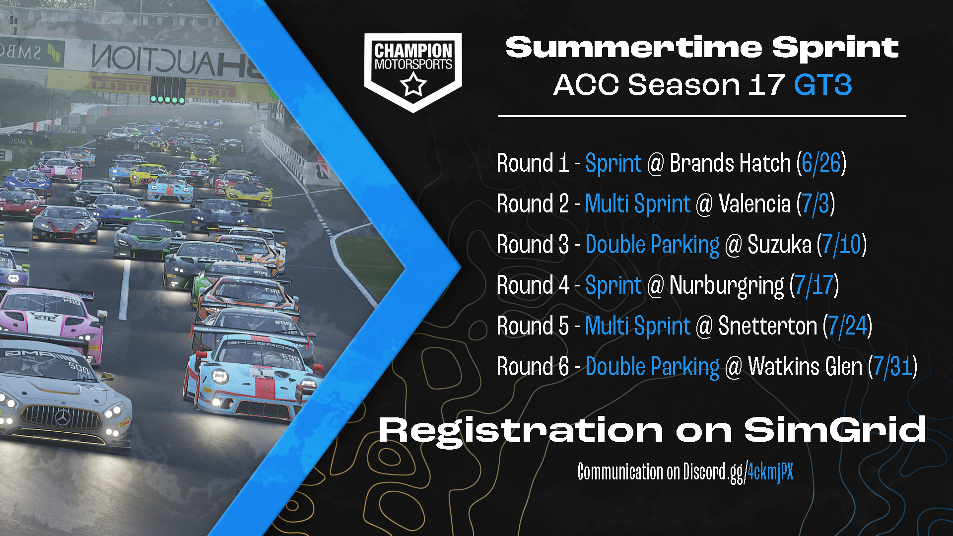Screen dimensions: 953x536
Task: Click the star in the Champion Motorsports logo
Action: pyautogui.click(x=413, y=84)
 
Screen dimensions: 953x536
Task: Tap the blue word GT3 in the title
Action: pyautogui.click(x=823, y=85)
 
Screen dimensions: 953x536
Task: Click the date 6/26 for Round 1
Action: pyautogui.click(x=821, y=163)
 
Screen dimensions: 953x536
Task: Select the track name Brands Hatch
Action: pyautogui.click(x=730, y=163)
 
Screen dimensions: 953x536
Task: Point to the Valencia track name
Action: pyautogui.click(x=754, y=204)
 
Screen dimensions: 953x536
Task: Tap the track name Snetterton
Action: pyautogui.click(x=768, y=326)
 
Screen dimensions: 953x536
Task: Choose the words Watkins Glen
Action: pyautogui.click(x=805, y=367)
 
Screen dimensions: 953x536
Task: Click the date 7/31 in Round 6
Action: pyautogui.click(x=893, y=367)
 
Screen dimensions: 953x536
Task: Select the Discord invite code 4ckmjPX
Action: pyautogui.click(x=770, y=471)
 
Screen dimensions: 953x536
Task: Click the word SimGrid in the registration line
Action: pyautogui.click(x=835, y=429)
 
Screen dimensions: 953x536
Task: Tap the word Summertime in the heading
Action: pyautogui.click(x=634, y=48)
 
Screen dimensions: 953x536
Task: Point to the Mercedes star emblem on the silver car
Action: pyautogui.click(x=63, y=417)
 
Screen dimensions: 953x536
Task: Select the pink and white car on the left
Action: pyautogui.click(x=50, y=318)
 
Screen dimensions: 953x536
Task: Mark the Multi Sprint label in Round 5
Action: pyautogui.click(x=638, y=326)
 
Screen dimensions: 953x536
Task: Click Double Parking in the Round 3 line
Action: pyautogui.click(x=652, y=245)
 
